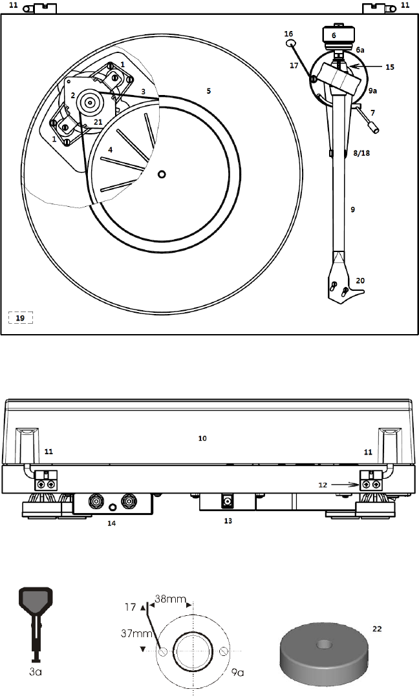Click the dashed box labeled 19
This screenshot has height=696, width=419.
pyautogui.click(x=21, y=317)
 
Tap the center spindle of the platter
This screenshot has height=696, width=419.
pyautogui.click(x=162, y=174)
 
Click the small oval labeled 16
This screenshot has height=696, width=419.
pyautogui.click(x=290, y=43)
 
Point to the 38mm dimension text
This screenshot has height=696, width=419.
pyautogui.click(x=170, y=599)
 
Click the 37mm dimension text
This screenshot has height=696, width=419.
pyautogui.click(x=133, y=633)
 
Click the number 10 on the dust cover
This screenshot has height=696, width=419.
pyautogui.click(x=202, y=438)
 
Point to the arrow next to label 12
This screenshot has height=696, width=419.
pyautogui.click(x=345, y=485)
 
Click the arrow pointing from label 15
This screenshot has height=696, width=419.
pyautogui.click(x=365, y=67)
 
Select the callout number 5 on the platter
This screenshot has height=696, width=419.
pyautogui.click(x=208, y=90)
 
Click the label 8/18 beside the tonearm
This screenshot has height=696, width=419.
pyautogui.click(x=361, y=153)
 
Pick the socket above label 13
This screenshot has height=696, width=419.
pyautogui.click(x=228, y=501)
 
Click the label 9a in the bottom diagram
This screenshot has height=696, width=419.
pyautogui.click(x=238, y=673)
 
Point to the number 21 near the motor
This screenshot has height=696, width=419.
pyautogui.click(x=98, y=122)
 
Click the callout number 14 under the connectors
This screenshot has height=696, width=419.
pyautogui.click(x=111, y=523)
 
